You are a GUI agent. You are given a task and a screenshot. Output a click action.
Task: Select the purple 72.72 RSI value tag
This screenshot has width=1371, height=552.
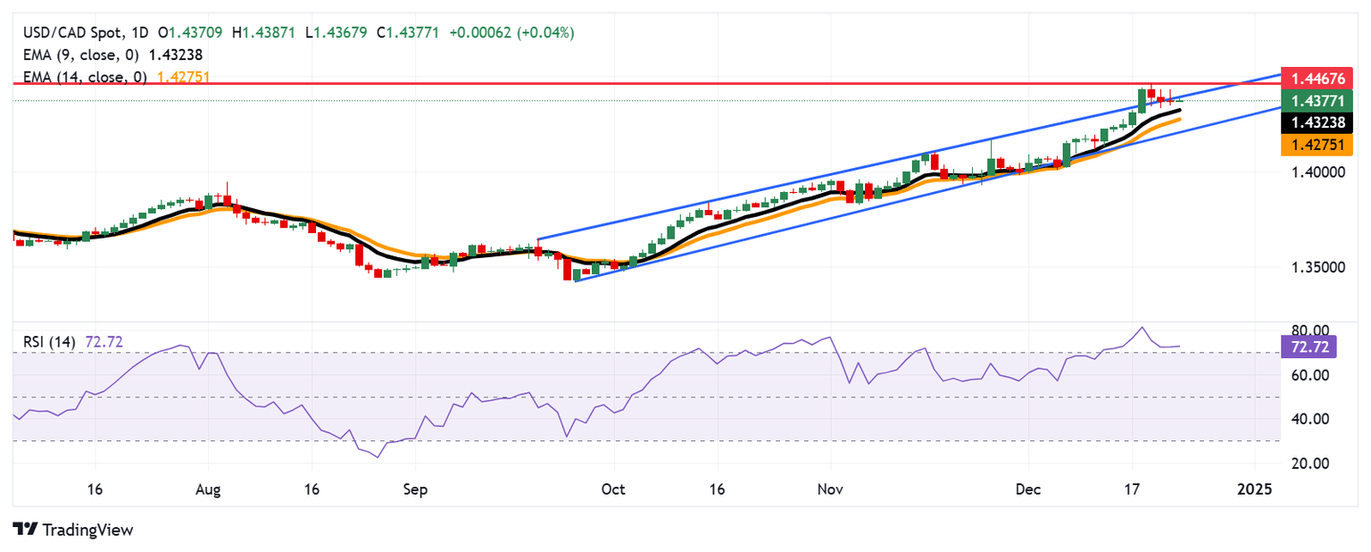(1309, 347)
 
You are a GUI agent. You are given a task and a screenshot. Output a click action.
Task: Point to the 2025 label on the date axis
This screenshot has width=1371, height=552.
(1254, 489)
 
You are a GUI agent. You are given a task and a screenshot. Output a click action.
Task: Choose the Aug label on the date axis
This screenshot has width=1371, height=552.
(208, 489)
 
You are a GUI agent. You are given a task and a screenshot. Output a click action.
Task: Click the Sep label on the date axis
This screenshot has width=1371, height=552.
(415, 489)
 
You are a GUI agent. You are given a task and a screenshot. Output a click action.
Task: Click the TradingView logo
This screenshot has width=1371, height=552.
(73, 530)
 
